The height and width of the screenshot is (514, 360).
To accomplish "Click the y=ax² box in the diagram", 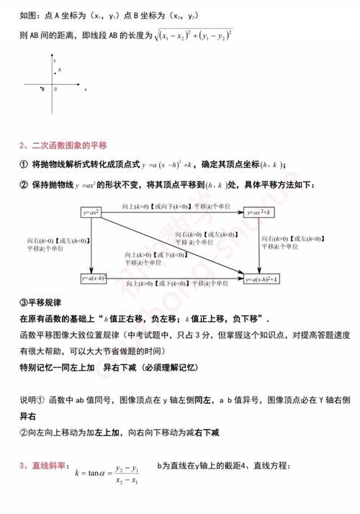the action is [91, 212].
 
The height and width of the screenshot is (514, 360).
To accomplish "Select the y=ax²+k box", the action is [261, 212].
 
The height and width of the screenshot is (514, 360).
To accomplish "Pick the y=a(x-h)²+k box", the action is [261, 278].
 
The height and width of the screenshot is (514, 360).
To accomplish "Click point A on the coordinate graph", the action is [58, 70].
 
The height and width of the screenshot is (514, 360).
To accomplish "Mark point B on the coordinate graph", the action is [43, 89].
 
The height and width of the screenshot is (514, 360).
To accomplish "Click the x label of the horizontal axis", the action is [85, 89].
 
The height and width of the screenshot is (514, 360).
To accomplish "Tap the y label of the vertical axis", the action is [55, 60].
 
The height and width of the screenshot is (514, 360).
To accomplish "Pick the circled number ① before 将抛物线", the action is [22, 165].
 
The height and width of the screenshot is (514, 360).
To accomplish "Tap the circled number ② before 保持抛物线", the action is [22, 185].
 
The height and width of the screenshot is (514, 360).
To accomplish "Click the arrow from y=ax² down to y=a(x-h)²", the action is [91, 245].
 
